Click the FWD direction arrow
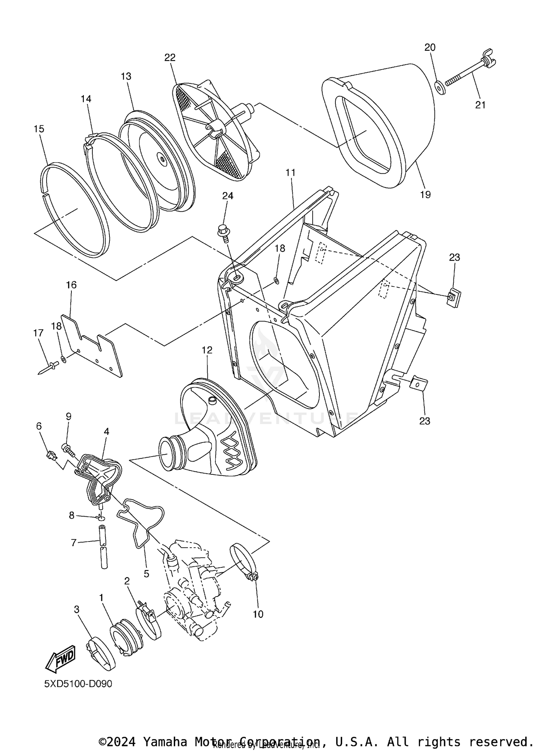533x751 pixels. (60, 659)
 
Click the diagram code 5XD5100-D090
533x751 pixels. (78, 684)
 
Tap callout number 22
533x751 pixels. (170, 58)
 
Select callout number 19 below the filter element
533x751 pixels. (425, 195)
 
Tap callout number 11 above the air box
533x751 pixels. (290, 173)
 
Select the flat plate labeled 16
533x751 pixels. (92, 346)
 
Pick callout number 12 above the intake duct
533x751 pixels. (207, 350)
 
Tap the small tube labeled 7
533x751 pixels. (103, 547)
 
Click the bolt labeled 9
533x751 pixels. (69, 450)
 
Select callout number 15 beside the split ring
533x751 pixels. (39, 129)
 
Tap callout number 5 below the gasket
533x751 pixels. (146, 574)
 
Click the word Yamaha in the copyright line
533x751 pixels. (165, 741)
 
